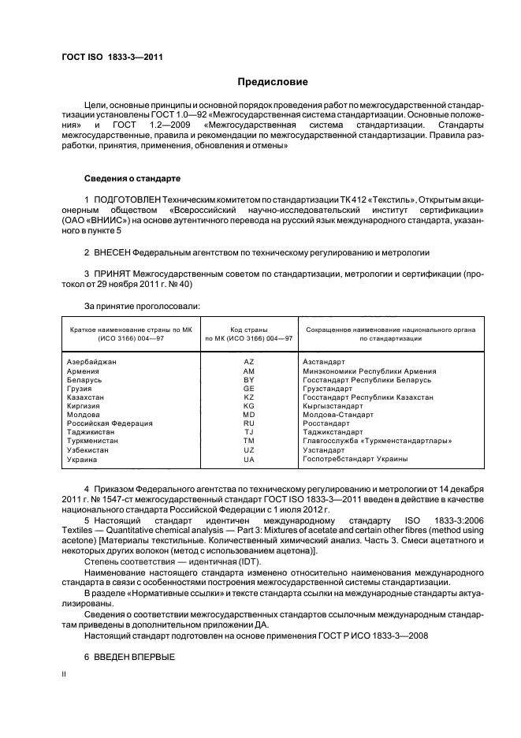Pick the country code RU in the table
[249, 423]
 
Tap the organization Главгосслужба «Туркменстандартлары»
[377, 441]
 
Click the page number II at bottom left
[65, 675]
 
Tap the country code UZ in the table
[249, 449]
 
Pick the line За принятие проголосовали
[142, 304]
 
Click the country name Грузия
[80, 388]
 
